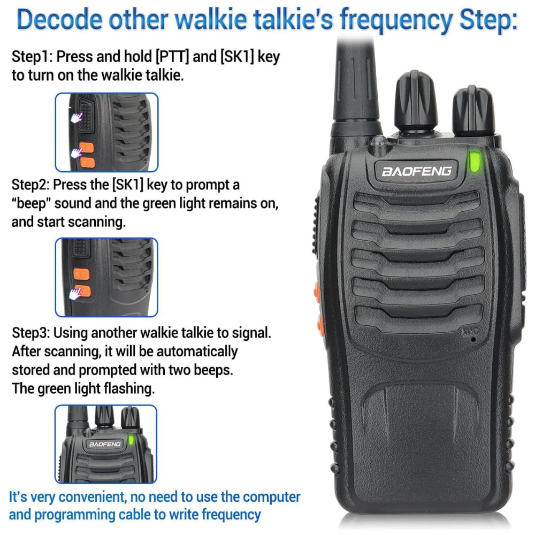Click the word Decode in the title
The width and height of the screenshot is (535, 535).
pos(59,19)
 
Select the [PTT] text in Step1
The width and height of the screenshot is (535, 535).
pos(172,56)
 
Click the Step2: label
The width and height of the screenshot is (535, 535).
pos(30,185)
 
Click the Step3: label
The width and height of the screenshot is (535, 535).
pos(31,333)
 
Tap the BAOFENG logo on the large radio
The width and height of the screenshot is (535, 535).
pos(417,171)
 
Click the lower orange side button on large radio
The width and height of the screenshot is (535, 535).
pos(320,324)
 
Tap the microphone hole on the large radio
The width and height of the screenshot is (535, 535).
pos(473,340)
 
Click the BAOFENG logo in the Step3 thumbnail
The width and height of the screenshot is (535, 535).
pos(105,444)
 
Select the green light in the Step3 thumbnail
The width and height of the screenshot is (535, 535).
pos(131,440)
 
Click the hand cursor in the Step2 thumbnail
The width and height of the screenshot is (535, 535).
pos(75,293)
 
